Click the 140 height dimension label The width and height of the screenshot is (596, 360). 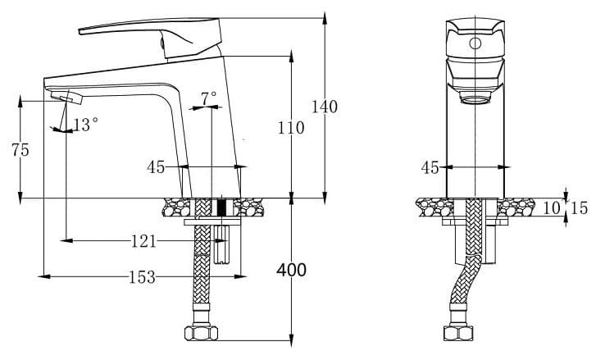(325, 107)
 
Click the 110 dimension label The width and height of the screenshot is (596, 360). (290, 128)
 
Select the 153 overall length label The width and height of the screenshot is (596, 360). (141, 277)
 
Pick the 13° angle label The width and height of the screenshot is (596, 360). (86, 125)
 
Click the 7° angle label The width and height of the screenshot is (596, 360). (209, 97)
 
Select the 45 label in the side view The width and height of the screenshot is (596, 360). (157, 167)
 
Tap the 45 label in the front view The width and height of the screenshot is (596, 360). (430, 167)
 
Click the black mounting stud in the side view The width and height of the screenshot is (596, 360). (220, 207)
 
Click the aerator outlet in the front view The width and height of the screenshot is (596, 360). (474, 100)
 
